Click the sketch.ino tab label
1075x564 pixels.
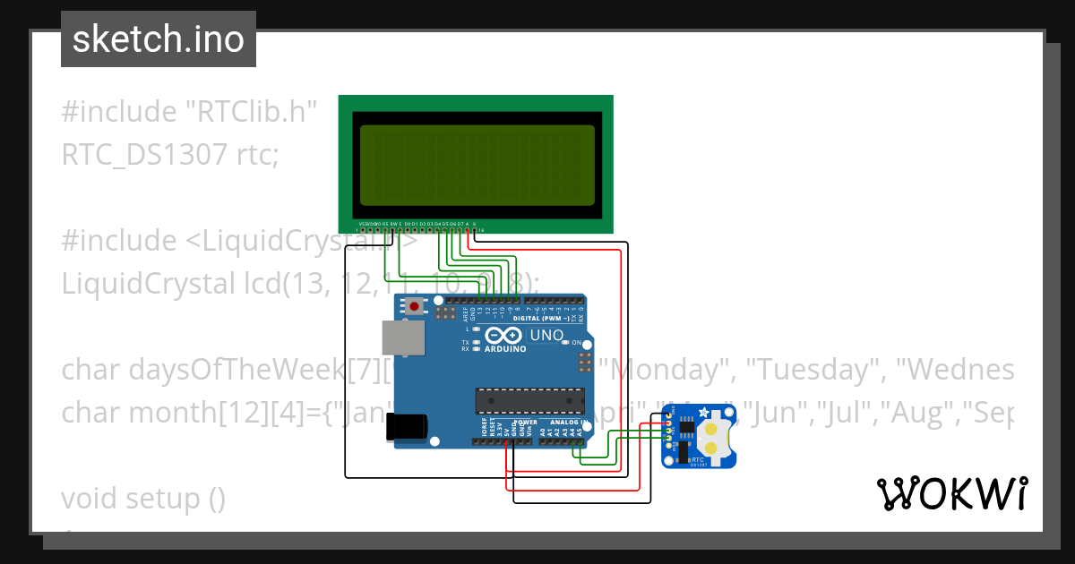pos(158,39)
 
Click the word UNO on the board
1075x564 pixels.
pos(547,336)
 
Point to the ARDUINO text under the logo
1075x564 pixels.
pos(505,349)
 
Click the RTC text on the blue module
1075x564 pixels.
pos(698,457)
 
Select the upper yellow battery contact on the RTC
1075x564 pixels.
pos(712,429)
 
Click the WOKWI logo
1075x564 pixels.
pos(951,493)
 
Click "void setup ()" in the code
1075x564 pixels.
pos(143,498)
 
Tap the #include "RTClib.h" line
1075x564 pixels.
pos(190,112)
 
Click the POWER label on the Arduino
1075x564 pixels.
pos(526,422)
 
